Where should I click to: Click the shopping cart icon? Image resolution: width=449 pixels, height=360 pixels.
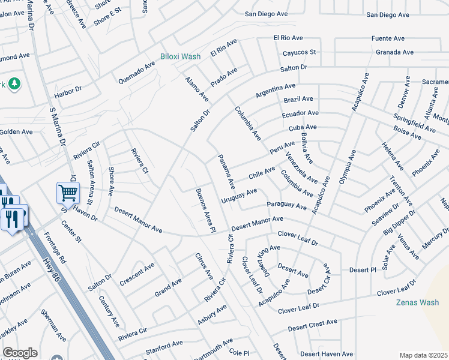(x=68, y=193)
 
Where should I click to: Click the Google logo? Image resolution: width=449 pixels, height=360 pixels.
(x=20, y=353)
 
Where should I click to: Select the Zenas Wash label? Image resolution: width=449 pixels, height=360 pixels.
(x=418, y=302)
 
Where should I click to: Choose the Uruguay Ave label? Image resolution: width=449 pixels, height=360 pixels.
(x=238, y=195)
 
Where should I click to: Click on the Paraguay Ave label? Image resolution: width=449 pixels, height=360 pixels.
(x=287, y=206)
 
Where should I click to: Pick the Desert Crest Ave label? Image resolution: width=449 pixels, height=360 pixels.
(x=312, y=326)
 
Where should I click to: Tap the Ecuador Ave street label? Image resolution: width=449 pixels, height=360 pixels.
(x=300, y=114)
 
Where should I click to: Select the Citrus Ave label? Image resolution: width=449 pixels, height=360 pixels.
(x=204, y=266)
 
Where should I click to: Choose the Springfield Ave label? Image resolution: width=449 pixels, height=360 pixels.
(x=414, y=122)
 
